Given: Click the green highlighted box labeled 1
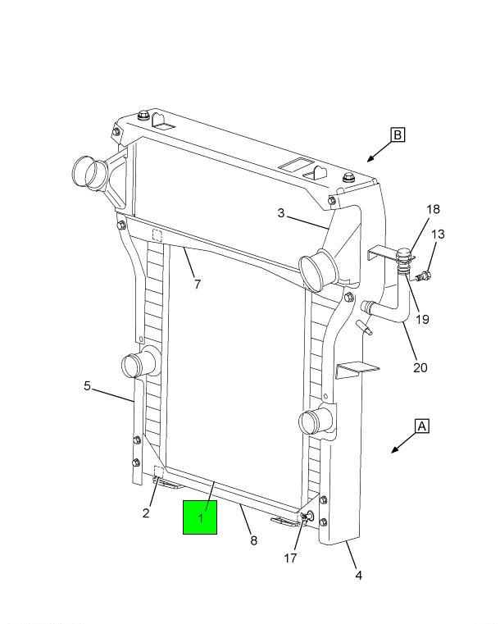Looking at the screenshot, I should click(x=199, y=517).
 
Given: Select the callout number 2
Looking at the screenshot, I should click(x=145, y=513).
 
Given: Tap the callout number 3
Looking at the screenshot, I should click(x=281, y=214).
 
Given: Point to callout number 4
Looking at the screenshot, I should click(x=358, y=576).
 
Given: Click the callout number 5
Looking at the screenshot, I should click(x=87, y=385).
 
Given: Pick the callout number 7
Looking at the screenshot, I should click(x=197, y=285).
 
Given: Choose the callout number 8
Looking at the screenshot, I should click(x=253, y=540).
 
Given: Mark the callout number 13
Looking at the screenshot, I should click(x=438, y=235).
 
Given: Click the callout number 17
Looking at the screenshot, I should click(x=290, y=558).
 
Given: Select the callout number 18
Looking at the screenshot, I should click(x=432, y=210).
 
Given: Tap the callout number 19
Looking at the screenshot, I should click(x=421, y=319).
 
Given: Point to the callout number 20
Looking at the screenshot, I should click(x=420, y=367).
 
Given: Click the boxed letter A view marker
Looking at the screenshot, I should click(x=422, y=426).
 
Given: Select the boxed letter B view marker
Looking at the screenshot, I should click(x=398, y=134).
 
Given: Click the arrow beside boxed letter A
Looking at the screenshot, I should click(x=401, y=445).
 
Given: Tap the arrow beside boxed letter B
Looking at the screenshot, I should click(x=376, y=153).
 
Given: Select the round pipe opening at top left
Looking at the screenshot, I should click(x=85, y=172).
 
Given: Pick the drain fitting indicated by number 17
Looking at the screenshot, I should click(x=306, y=516).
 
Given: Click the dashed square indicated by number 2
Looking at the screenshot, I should click(x=159, y=472).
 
